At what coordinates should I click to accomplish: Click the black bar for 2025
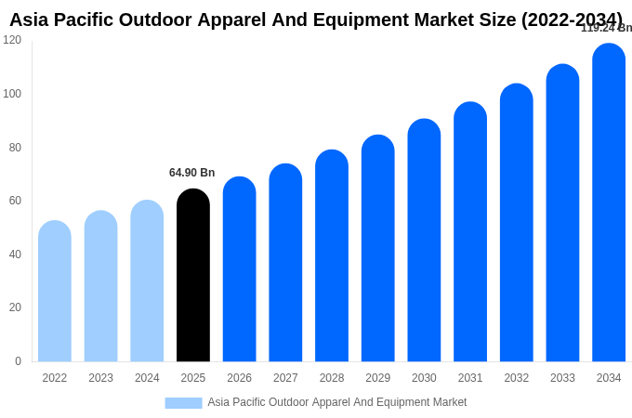click(193, 276)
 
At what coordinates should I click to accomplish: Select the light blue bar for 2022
click(55, 292)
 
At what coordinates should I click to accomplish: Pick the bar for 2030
click(424, 241)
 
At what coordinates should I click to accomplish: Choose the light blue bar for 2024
click(147, 281)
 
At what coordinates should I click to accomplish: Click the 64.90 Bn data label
click(191, 173)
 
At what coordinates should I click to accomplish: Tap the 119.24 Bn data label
click(605, 28)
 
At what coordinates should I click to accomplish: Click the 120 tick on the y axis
click(12, 40)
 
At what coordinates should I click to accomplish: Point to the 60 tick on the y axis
click(15, 201)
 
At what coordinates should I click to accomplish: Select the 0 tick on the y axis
click(18, 361)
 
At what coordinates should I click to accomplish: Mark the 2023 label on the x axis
click(100, 378)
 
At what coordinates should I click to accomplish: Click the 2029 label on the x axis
click(377, 378)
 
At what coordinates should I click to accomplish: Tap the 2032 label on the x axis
click(516, 378)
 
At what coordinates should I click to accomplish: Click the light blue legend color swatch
click(183, 403)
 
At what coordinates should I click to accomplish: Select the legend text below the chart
click(336, 402)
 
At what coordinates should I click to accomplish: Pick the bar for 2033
click(562, 213)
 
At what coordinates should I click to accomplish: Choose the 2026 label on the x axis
click(239, 378)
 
